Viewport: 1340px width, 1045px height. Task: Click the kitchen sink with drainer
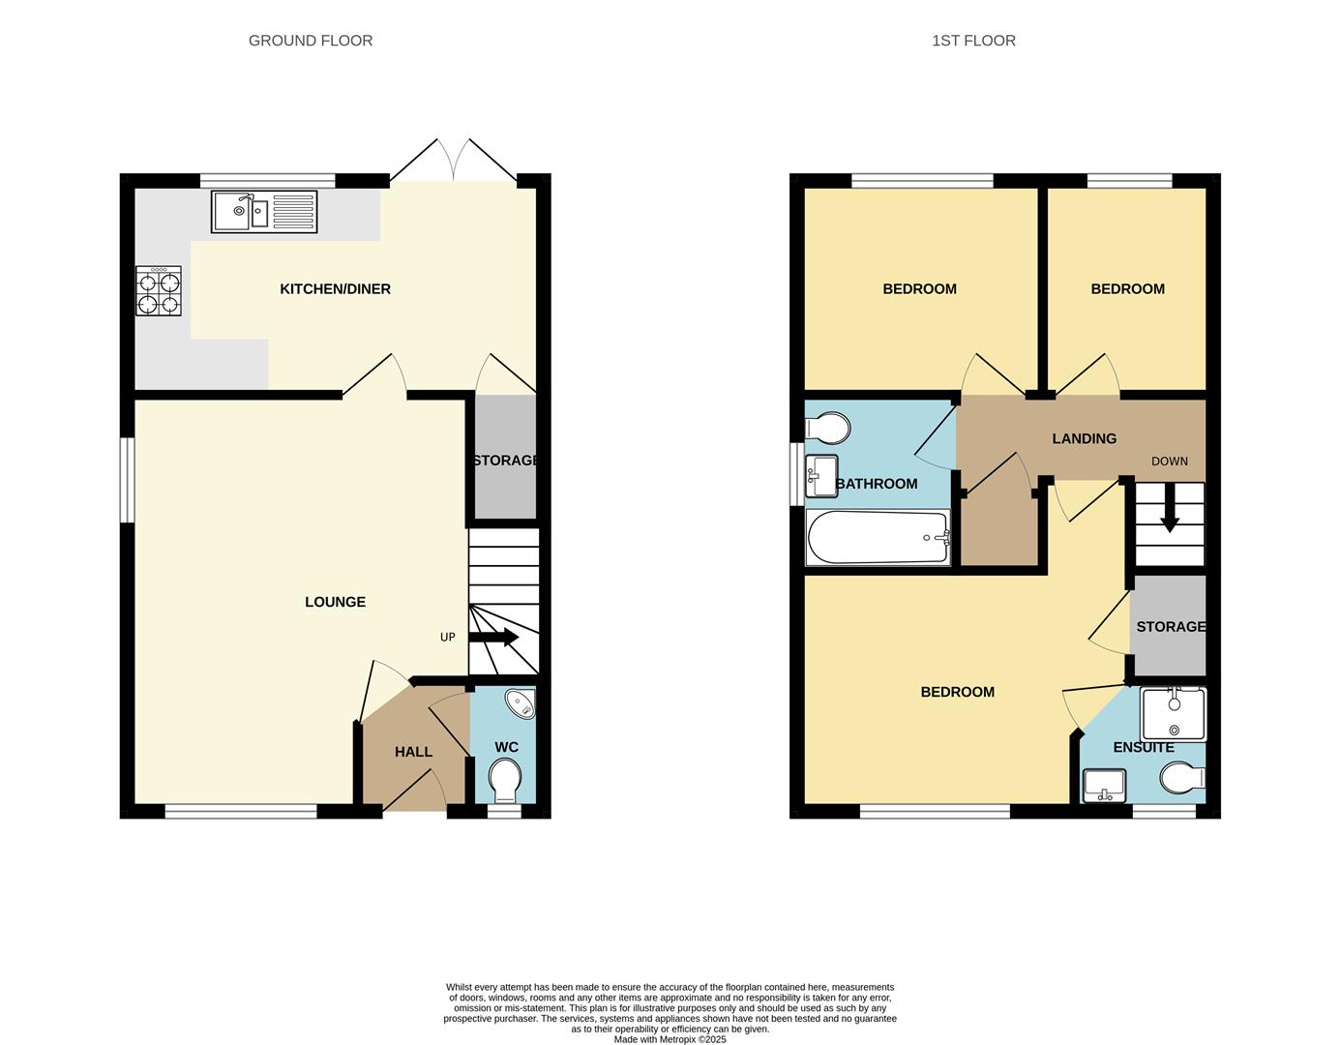(264, 212)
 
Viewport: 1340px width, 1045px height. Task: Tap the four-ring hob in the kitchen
(159, 292)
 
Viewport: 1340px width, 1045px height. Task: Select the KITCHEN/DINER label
(335, 289)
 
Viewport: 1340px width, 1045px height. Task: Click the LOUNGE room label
(335, 602)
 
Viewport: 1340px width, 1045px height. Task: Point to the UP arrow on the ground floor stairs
(493, 638)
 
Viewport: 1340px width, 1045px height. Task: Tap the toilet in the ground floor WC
(504, 780)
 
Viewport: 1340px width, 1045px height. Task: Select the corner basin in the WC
(521, 703)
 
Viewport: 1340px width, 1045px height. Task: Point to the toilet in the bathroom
(827, 428)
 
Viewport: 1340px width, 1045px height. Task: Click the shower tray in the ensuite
(1173, 714)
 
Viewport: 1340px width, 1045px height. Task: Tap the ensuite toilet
(1183, 777)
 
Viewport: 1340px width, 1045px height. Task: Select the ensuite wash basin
(1104, 784)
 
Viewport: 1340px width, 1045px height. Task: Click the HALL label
(413, 752)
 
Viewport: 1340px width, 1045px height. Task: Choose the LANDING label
(1084, 438)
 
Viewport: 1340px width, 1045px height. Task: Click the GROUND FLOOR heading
(311, 41)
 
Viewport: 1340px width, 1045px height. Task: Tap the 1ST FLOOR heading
(973, 41)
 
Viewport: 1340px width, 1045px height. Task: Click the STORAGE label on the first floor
(1171, 627)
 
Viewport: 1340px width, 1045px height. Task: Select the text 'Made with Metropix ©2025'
(670, 1039)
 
